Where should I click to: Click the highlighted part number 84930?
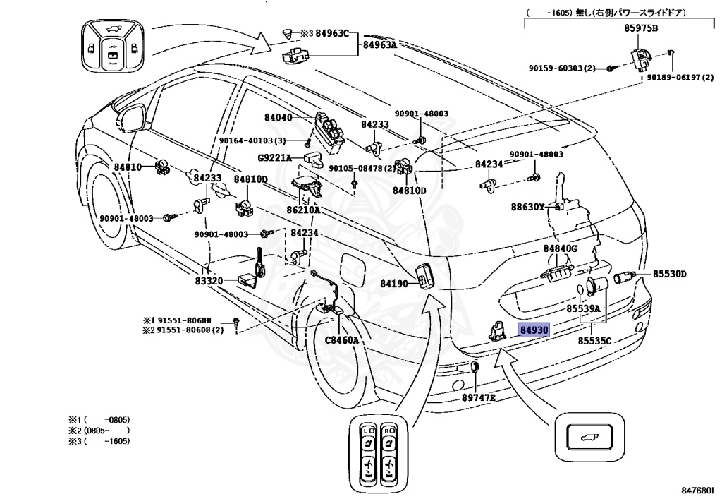coord(534,330)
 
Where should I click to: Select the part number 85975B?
coord(641,28)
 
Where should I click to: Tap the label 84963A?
coord(380,44)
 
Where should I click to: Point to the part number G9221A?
coord(274,158)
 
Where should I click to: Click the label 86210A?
coord(303,210)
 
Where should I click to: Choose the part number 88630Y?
coord(527,207)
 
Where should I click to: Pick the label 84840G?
coord(561,249)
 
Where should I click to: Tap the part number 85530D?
coord(670,274)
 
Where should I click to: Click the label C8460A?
coord(342,340)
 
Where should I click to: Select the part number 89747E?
coord(479,397)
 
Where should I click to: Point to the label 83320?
coord(209,281)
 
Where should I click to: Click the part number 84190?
coord(394,284)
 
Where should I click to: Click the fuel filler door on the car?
coord(353,272)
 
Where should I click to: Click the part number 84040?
coord(278,117)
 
